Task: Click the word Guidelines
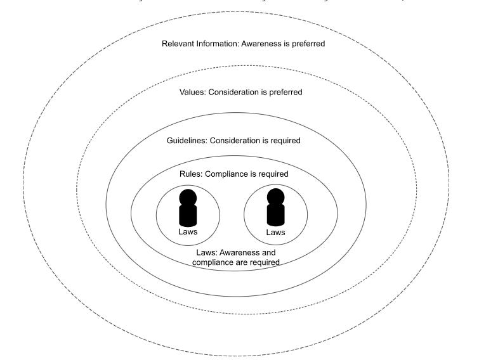pos(187,141)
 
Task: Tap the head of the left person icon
pos(188,197)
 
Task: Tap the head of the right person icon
pos(275,196)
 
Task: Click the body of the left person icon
pos(188,215)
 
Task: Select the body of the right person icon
pos(275,215)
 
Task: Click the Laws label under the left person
pos(188,232)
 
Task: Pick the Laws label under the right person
pos(275,233)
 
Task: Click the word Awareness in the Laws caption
pos(239,253)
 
